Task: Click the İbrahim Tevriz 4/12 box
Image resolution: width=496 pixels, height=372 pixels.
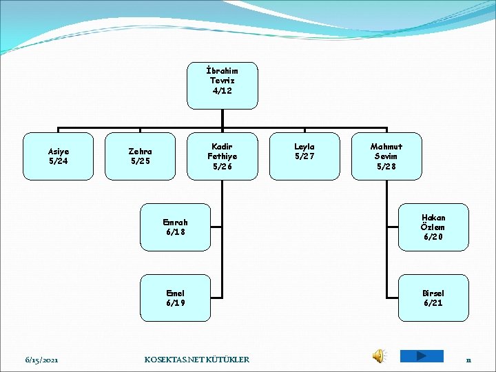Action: tap(223, 86)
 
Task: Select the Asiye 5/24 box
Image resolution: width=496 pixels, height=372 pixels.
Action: tap(58, 156)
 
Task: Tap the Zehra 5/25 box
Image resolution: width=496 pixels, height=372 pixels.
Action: tap(141, 156)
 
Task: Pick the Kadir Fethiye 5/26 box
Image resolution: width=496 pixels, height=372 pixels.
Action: tap(223, 156)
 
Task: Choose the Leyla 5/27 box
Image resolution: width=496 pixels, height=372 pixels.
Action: tap(304, 156)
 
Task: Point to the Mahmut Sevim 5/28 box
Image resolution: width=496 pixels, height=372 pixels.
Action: tap(386, 156)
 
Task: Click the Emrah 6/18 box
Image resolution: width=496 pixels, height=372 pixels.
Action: tap(175, 227)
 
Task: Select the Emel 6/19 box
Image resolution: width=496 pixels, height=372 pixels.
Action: tap(175, 298)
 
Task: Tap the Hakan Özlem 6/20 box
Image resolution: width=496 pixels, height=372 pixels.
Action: tap(433, 227)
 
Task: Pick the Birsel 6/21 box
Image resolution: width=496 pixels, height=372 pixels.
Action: tap(433, 298)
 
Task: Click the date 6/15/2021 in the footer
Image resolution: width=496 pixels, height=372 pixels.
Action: tap(41, 360)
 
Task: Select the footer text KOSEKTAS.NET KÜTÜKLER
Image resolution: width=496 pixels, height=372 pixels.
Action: tap(197, 360)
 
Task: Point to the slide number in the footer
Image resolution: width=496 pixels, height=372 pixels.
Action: tap(468, 360)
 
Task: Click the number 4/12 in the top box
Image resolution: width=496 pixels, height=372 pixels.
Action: tap(223, 92)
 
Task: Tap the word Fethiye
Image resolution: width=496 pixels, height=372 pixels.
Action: tap(223, 156)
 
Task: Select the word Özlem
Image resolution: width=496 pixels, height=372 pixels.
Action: tap(433, 227)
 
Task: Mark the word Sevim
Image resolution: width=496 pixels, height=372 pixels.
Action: tap(386, 156)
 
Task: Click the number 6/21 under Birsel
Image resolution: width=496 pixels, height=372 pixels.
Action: tap(433, 303)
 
